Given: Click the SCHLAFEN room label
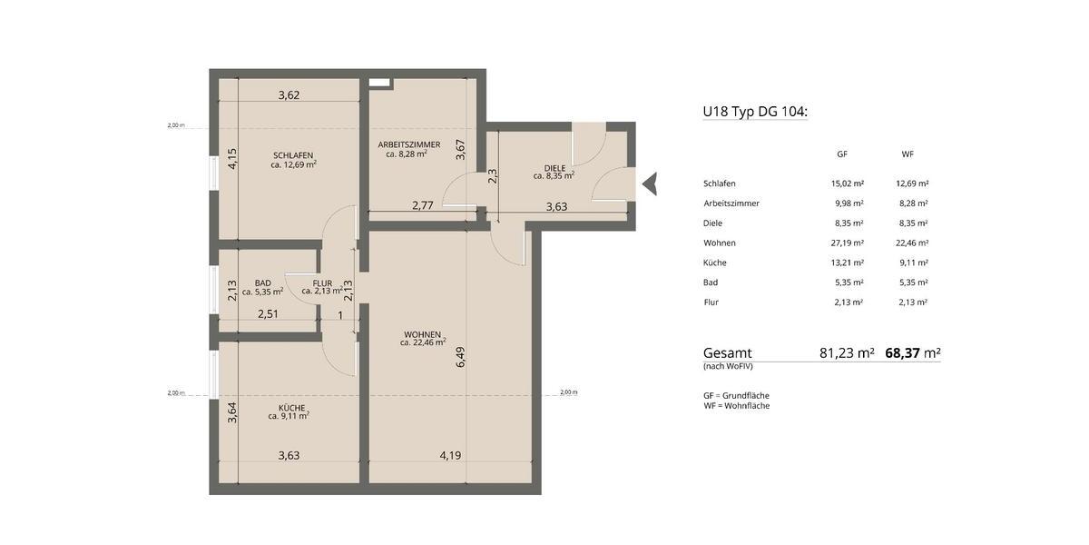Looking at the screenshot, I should pos(292,155).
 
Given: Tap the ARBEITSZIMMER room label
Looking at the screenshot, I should pos(408,144).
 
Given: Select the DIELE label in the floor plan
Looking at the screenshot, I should pos(554,168).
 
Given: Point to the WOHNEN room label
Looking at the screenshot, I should pos(423,333).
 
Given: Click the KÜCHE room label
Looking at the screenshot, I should pos(291,407).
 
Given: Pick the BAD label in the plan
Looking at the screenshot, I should pos(263,282).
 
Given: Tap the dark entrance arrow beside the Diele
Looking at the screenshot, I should pos(649,184).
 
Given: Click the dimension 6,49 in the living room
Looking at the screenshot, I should pos(461,356).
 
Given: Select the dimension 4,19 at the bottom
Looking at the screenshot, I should pos(451,455).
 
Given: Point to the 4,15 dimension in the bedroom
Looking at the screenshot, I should pos(232,159).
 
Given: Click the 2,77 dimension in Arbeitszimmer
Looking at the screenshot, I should pos(422,206).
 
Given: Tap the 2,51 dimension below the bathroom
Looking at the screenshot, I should pos(268,315).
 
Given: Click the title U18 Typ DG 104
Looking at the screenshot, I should pos(755,112).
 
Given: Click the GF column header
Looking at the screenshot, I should pos(841,154).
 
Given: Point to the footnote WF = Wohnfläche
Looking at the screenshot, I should pos(736,406).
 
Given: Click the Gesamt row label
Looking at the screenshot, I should pos(727,352).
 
